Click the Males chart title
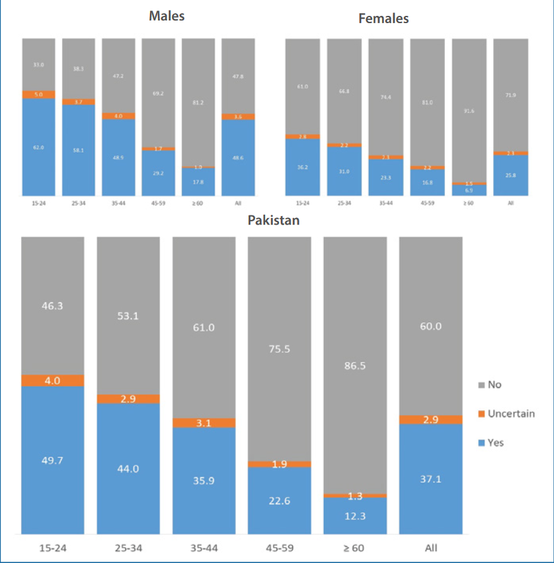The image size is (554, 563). coord(167,15)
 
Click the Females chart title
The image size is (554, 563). coord(383,19)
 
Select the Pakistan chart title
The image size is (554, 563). coord(274,220)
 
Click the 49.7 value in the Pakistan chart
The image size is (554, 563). coord(53,460)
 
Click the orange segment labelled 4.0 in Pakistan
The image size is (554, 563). coord(53,381)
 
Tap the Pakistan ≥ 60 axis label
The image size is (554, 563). coord(355,548)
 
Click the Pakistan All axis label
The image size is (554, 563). coord(430,548)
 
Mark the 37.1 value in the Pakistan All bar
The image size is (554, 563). coord(430,478)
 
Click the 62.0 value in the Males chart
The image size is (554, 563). coord(38,147)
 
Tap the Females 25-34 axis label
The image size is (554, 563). coord(344,203)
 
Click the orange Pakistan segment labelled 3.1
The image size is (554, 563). coord(204,423)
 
